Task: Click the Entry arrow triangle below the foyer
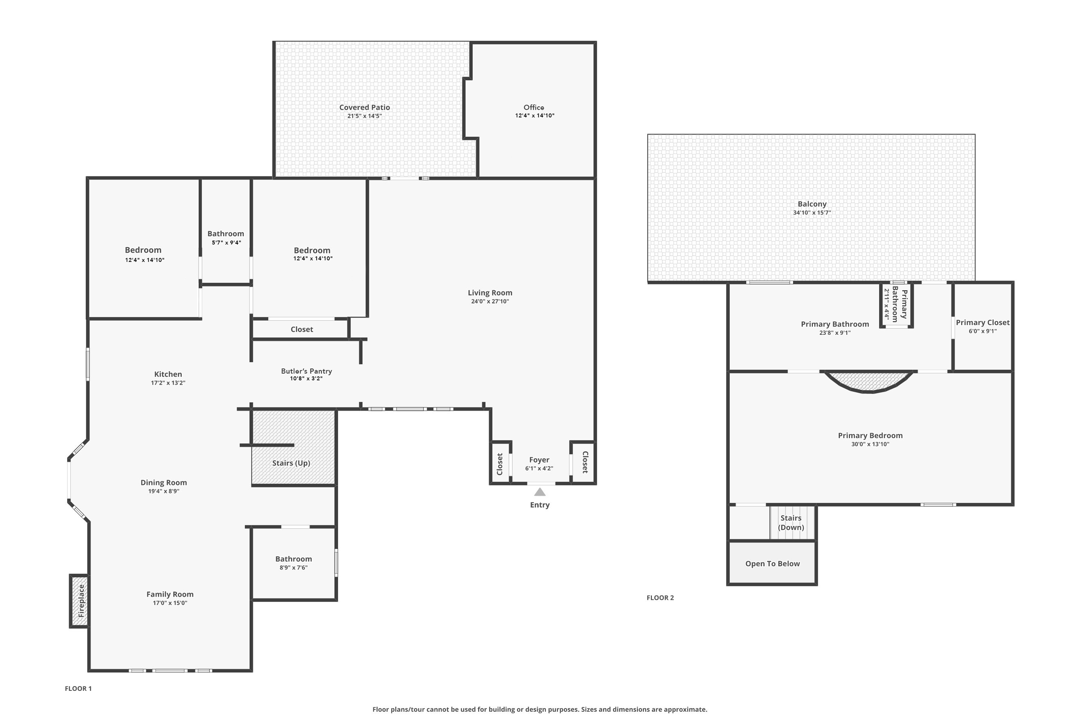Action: click(540, 492)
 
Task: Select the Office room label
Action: click(534, 107)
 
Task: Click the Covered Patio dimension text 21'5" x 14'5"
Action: click(365, 116)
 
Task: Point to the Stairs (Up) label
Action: click(291, 463)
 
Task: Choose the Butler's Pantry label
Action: click(306, 371)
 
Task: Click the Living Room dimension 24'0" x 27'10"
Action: click(490, 301)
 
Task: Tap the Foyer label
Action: click(539, 460)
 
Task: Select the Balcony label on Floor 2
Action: click(812, 204)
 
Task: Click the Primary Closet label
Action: click(983, 322)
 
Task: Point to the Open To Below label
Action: click(772, 563)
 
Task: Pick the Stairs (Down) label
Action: click(791, 523)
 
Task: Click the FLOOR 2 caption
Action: click(660, 597)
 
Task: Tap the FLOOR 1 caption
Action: click(78, 688)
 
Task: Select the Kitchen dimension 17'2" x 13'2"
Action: click(168, 382)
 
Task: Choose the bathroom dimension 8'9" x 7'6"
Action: click(293, 568)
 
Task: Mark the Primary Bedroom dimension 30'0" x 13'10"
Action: click(870, 444)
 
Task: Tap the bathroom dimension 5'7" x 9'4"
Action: click(226, 242)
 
